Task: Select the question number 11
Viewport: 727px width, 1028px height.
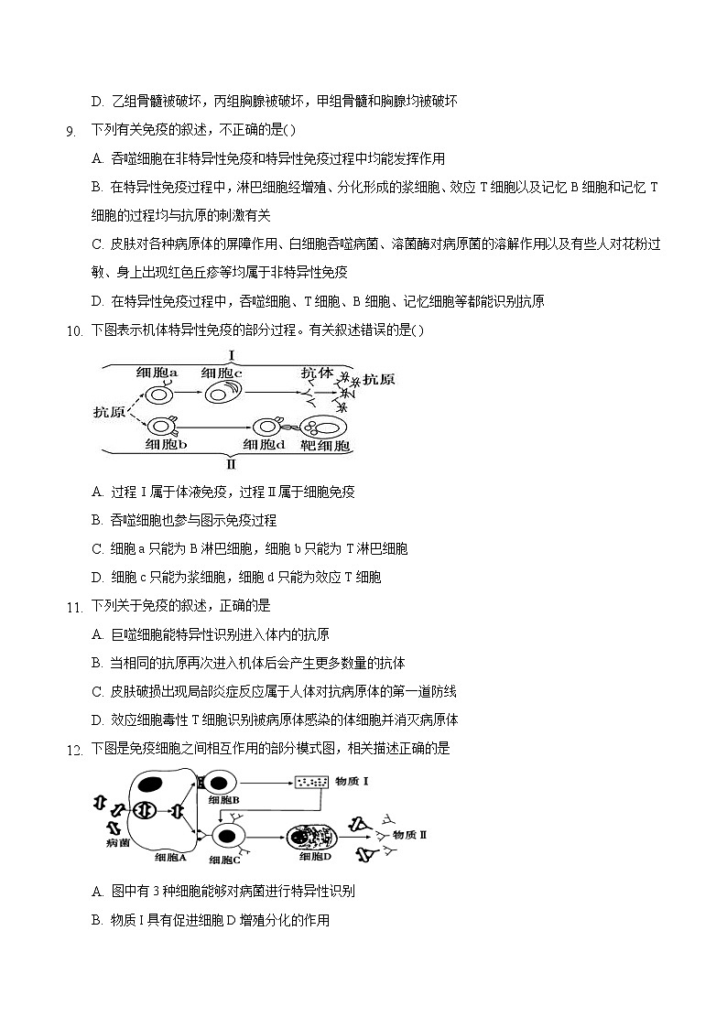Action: tap(73, 606)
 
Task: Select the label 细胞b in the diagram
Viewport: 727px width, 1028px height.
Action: tap(166, 445)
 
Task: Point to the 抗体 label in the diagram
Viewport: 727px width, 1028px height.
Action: tap(320, 373)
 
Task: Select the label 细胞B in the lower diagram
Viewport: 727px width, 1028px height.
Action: tap(223, 799)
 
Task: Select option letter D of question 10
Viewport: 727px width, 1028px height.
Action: tap(97, 578)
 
